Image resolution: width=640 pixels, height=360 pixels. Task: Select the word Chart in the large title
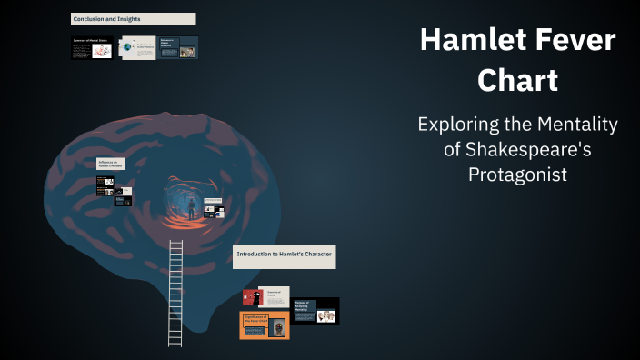517,81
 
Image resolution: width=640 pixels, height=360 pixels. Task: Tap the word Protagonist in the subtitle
517,175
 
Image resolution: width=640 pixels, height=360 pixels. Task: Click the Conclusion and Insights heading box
133,18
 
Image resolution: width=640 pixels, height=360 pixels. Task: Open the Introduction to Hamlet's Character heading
285,255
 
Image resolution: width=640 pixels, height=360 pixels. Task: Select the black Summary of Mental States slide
93,48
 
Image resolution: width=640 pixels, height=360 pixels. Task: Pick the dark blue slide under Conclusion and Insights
178,48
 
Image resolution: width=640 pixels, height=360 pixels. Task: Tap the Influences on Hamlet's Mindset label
110,164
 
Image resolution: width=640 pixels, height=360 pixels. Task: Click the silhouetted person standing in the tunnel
191,206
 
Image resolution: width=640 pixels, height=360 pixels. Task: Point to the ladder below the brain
175,291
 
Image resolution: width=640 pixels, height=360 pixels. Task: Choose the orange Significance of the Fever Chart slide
264,325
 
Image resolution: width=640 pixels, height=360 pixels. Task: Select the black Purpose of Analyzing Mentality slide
315,311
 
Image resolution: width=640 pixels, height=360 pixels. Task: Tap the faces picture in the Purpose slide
325,315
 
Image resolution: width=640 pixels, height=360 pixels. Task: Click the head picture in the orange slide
277,326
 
